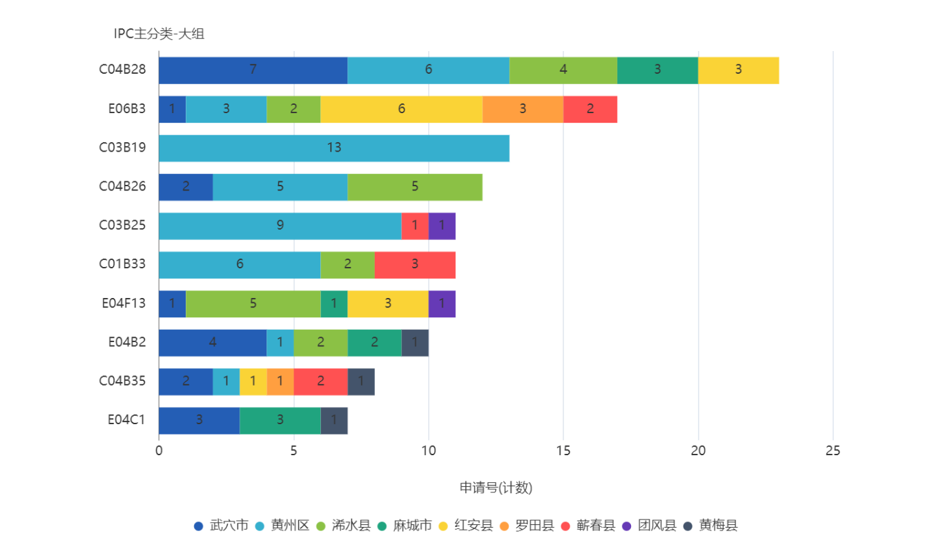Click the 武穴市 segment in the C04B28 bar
[253, 70]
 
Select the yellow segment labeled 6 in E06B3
[401, 110]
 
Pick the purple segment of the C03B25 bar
[442, 226]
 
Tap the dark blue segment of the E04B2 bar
[213, 343]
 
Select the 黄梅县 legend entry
[710, 526]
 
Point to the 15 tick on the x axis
[563, 450]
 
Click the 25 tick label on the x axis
[833, 450]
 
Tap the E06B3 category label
[127, 109]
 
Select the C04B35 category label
[122, 381]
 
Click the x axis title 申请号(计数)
[496, 488]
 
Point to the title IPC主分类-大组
[159, 34]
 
